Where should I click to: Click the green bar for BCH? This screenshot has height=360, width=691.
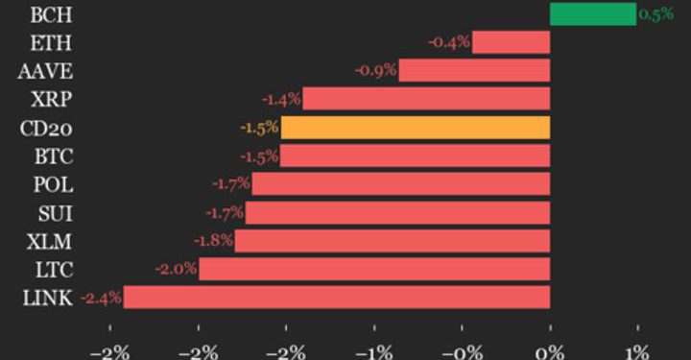[x=592, y=14]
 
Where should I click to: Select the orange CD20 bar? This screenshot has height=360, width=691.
[x=415, y=127]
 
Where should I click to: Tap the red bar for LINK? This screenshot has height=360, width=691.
[x=337, y=298]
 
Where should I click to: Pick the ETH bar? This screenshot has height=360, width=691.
[x=511, y=42]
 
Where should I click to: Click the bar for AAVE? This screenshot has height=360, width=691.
[x=474, y=70]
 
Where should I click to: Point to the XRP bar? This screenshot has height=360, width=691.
[x=426, y=99]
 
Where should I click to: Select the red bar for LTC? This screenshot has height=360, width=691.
[x=374, y=269]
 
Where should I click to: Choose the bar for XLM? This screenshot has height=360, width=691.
[x=393, y=240]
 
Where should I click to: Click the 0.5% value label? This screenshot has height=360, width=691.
[x=655, y=14]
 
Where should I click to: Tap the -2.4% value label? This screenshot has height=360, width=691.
[x=100, y=298]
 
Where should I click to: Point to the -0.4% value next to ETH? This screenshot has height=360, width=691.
[x=449, y=42]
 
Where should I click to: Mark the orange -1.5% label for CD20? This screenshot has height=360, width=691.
[x=259, y=127]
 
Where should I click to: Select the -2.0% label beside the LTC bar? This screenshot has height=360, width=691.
[x=177, y=269]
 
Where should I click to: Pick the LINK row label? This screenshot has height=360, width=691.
[x=46, y=298]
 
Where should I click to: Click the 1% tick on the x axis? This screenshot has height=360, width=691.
[x=637, y=350]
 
